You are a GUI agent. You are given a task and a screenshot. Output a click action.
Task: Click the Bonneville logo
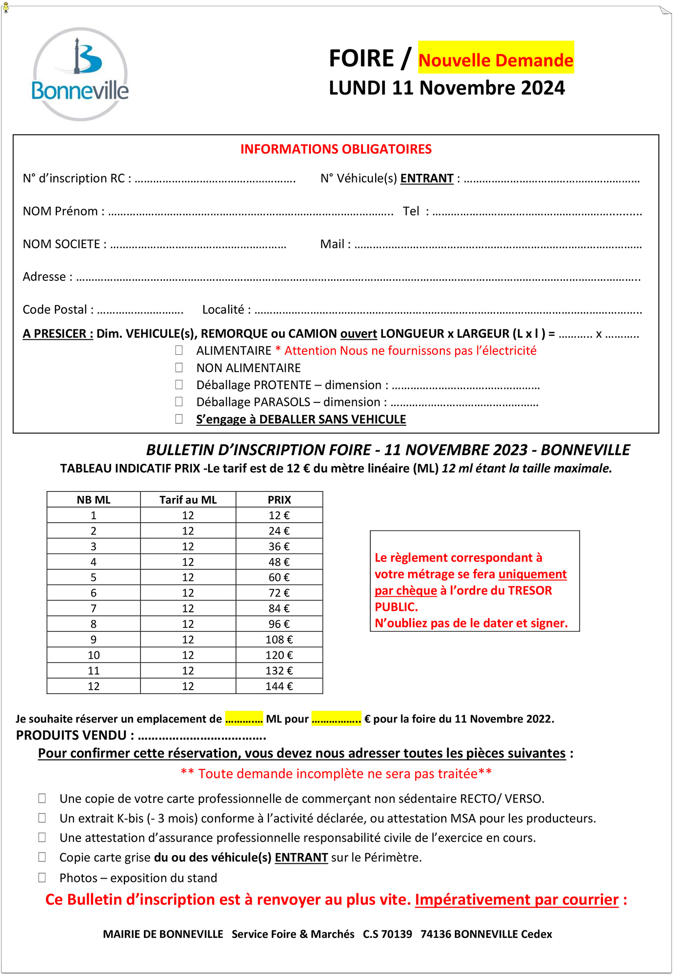[x=80, y=74]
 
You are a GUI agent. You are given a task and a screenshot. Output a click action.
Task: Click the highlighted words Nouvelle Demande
[x=496, y=60]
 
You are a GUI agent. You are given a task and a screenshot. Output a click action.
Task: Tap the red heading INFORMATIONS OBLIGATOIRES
[x=336, y=149]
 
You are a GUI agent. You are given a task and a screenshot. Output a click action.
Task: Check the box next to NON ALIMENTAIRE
[x=179, y=368]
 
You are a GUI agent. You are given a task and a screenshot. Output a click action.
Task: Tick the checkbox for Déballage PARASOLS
[x=179, y=402]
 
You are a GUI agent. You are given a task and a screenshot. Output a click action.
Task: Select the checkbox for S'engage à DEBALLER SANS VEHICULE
[x=179, y=419]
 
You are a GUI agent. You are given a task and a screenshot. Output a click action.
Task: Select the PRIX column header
[x=279, y=500]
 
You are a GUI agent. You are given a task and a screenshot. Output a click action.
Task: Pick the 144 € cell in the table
[x=279, y=686]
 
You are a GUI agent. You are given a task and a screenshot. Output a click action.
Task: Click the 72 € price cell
[x=279, y=593]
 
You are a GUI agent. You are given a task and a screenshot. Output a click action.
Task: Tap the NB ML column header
[x=94, y=500]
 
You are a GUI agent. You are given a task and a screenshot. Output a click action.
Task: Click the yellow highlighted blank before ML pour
[x=244, y=719]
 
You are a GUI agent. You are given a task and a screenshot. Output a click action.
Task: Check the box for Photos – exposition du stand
[x=42, y=878]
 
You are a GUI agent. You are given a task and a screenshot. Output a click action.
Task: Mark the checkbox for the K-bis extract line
[x=42, y=818]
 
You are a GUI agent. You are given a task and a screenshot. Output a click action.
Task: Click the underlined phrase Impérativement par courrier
[x=517, y=900]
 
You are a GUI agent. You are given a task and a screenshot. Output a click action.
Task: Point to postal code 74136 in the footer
[x=435, y=934]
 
